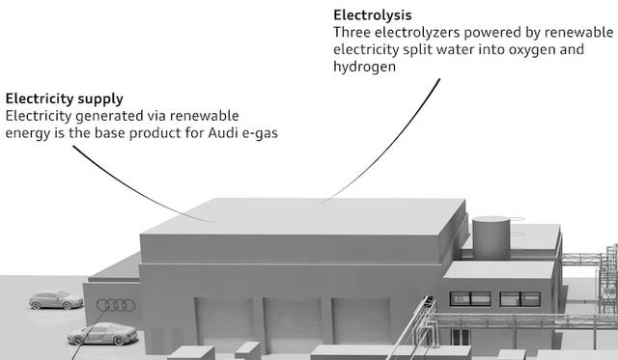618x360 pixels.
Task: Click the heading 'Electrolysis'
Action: tap(373, 15)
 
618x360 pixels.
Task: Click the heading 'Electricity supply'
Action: tap(65, 98)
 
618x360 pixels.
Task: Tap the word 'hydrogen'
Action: tap(365, 67)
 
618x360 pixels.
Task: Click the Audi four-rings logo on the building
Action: tap(116, 305)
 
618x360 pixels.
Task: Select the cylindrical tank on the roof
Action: tap(491, 237)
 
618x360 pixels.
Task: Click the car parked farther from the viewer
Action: tap(56, 300)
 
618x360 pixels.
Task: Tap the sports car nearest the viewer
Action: tap(102, 334)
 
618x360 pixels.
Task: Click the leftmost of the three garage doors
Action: tap(225, 323)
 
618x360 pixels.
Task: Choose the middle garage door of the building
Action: tap(294, 323)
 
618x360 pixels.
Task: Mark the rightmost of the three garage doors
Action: tap(361, 321)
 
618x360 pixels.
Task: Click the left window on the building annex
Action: tap(470, 299)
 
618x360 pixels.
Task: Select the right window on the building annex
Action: tap(520, 299)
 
